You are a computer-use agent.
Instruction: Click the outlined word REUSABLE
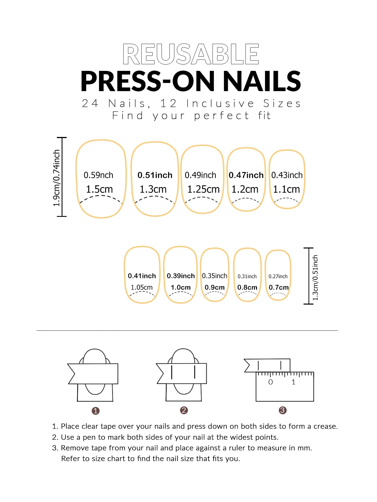click(191, 54)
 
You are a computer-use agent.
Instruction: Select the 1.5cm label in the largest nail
click(99, 189)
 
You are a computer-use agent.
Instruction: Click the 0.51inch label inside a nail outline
click(155, 175)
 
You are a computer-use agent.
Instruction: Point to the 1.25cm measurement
click(203, 189)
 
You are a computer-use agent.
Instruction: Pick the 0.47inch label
click(246, 175)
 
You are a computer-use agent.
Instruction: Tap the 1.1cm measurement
click(286, 189)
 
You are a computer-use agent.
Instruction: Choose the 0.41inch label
click(142, 276)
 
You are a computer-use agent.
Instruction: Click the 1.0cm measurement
click(181, 287)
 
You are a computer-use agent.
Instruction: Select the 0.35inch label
click(214, 276)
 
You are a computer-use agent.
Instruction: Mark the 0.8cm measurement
click(247, 287)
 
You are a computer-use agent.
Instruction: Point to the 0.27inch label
click(278, 276)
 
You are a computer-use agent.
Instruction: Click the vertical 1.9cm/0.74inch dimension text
click(57, 178)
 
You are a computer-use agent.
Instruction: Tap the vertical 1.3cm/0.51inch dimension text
click(315, 277)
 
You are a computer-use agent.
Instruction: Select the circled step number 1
click(96, 411)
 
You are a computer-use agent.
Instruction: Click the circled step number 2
click(184, 410)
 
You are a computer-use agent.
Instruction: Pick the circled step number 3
click(282, 410)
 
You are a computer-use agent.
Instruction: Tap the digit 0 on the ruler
click(270, 382)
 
